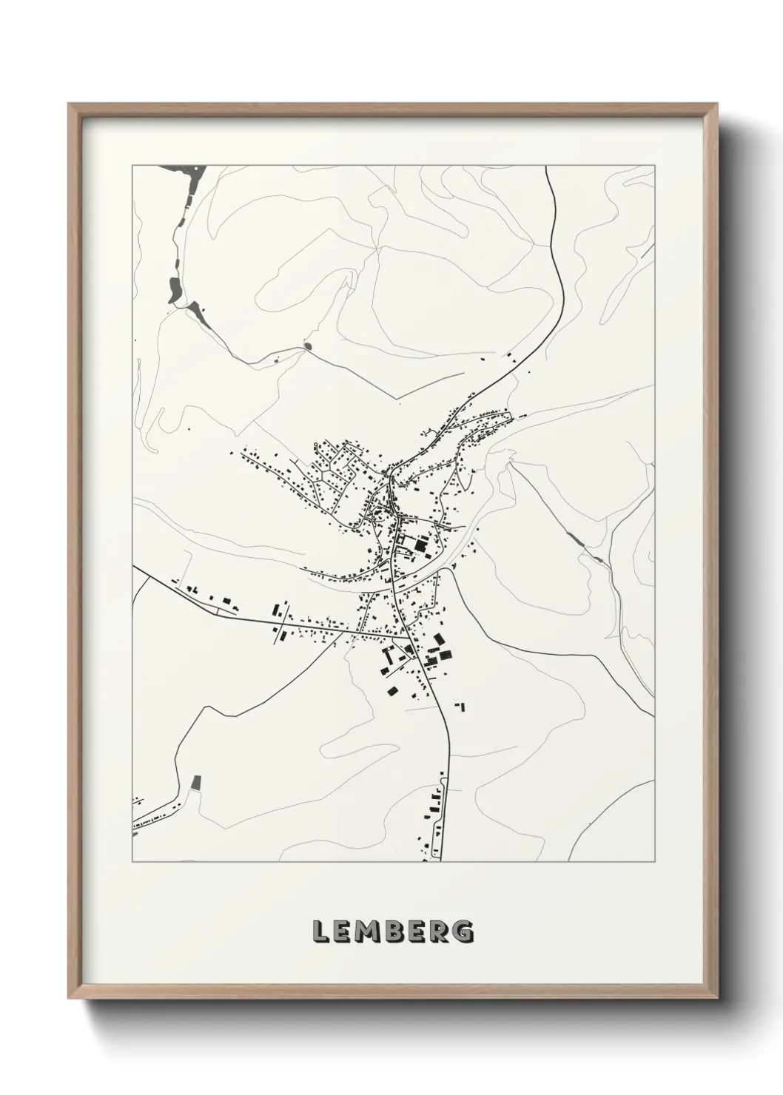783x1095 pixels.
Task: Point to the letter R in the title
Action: click(440, 931)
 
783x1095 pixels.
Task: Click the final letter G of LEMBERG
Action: click(463, 931)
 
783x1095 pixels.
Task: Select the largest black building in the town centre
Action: click(420, 547)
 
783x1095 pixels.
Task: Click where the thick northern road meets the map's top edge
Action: click(545, 167)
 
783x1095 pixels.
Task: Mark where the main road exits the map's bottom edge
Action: click(441, 860)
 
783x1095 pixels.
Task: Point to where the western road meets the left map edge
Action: click(134, 567)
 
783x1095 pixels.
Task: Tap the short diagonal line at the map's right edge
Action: click(648, 252)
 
